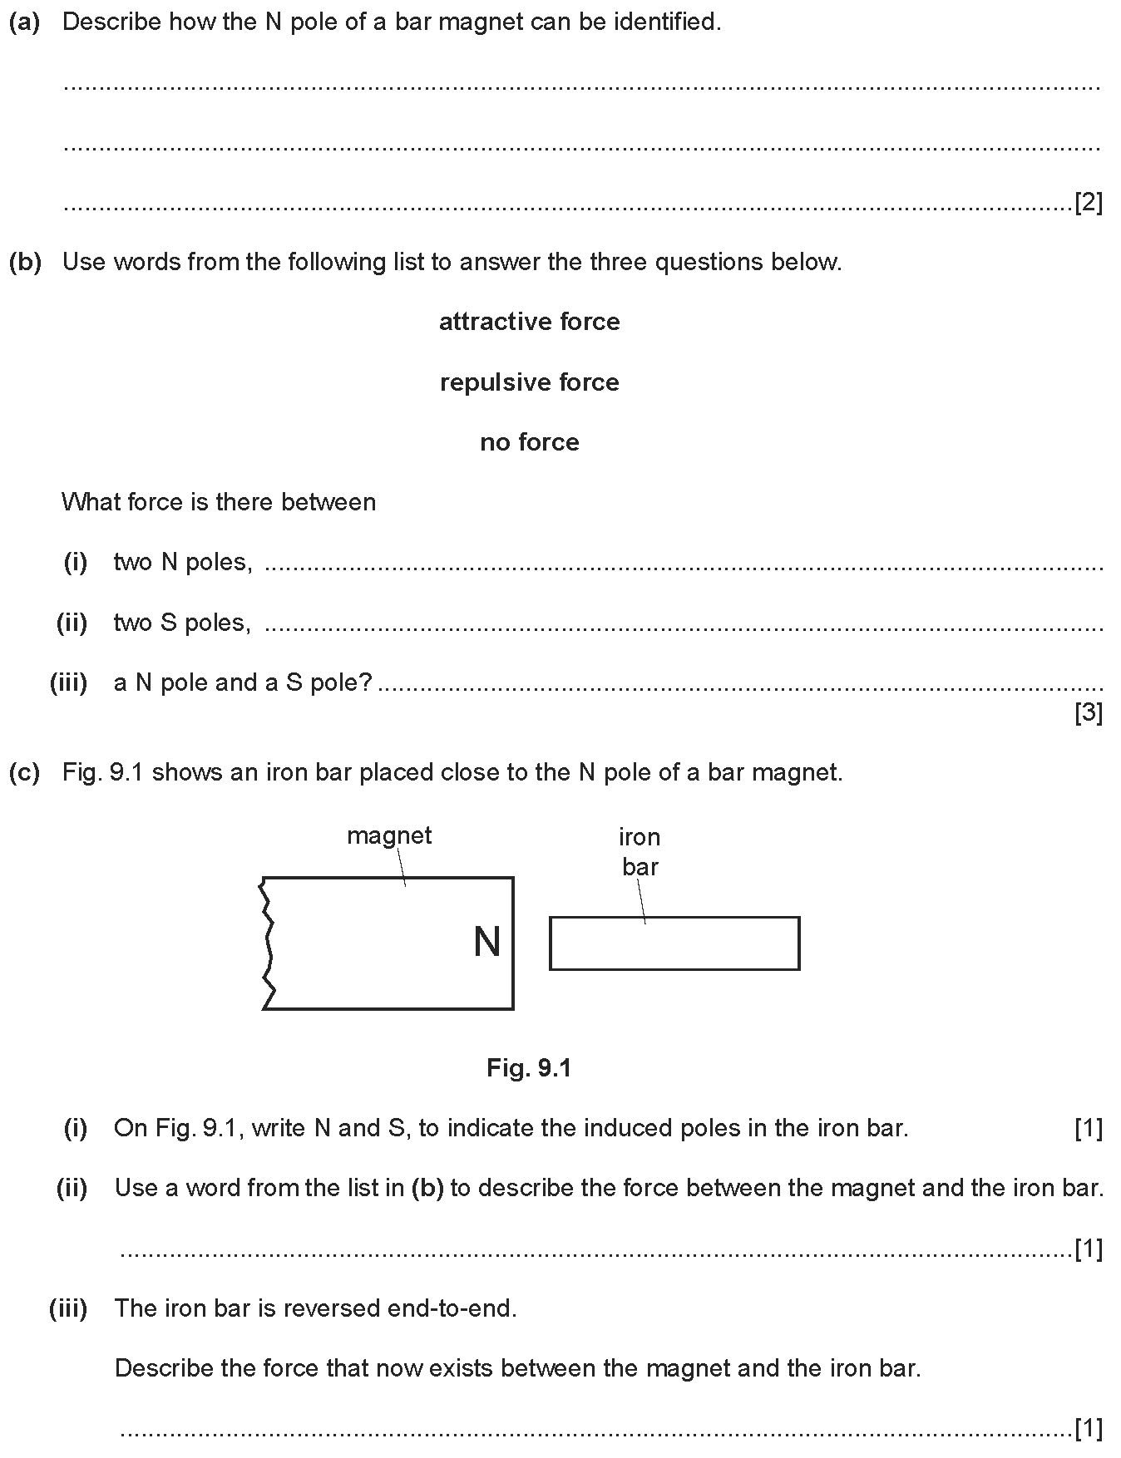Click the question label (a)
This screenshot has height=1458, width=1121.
[x=24, y=22]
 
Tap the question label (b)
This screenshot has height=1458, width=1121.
[x=24, y=262]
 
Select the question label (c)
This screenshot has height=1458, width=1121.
[x=24, y=772]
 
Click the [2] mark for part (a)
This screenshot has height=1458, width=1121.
[x=1089, y=202]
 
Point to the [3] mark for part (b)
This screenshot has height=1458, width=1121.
[x=1089, y=712]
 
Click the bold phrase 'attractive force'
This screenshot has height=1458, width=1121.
[x=529, y=322]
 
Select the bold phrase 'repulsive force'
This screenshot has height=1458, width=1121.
[x=529, y=382]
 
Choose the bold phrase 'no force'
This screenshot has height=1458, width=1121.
[x=529, y=442]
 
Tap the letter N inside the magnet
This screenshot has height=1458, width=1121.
[x=486, y=943]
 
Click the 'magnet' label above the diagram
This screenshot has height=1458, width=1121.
[x=389, y=835]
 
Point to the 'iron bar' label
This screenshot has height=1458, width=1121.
[x=640, y=851]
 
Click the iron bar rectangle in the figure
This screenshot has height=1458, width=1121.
[x=674, y=943]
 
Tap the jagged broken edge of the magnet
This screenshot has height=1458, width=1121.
[x=267, y=943]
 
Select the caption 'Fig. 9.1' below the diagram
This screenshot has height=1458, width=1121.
[x=529, y=1067]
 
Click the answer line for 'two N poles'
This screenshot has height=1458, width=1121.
[x=682, y=568]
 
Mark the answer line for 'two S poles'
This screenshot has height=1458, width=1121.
[x=682, y=628]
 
